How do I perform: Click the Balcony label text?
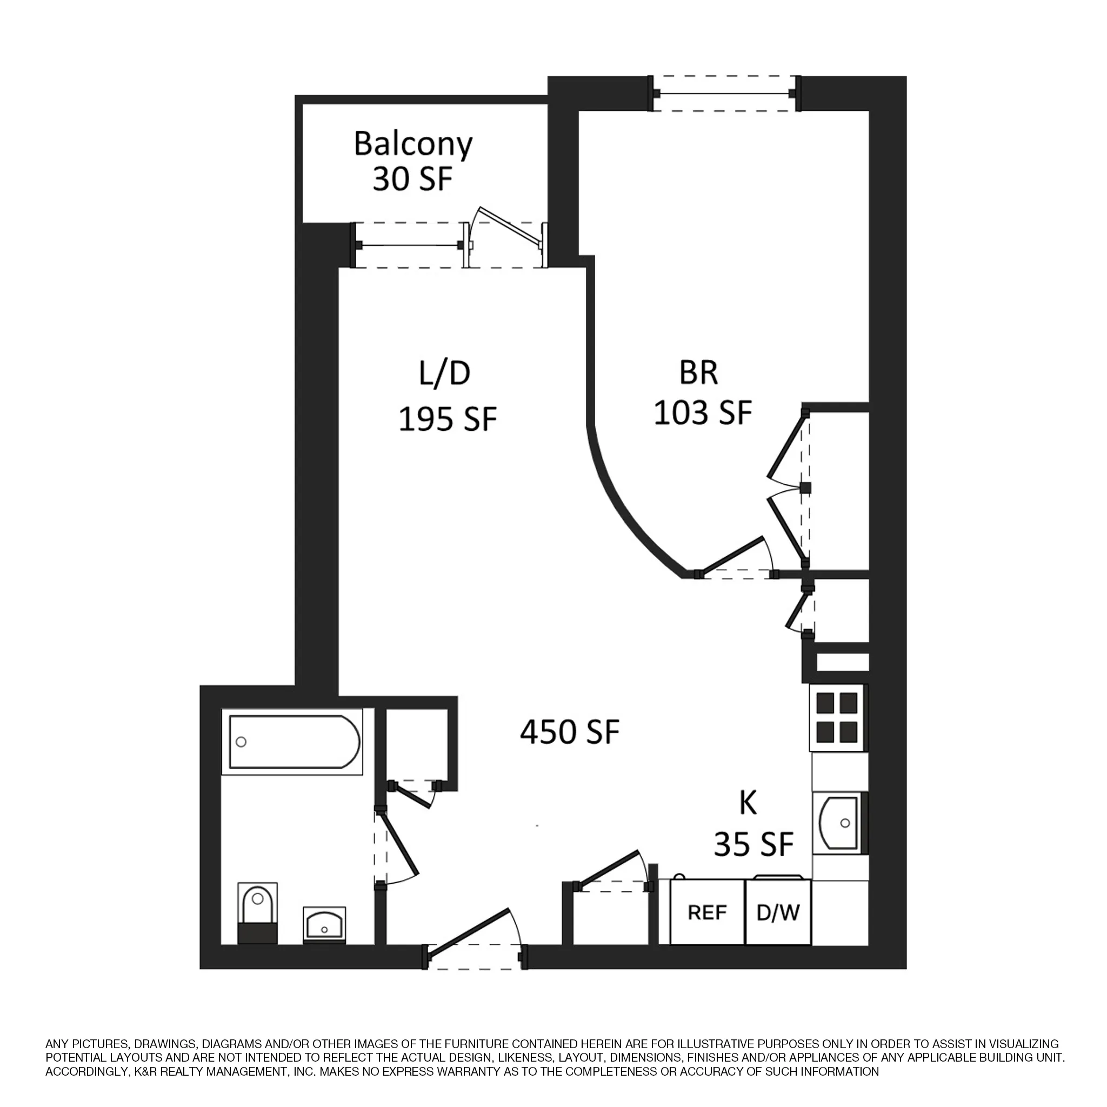point(412,145)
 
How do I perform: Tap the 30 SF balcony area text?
point(412,179)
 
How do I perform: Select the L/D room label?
point(445,373)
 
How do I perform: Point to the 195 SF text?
point(447,418)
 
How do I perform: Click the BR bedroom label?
point(698,372)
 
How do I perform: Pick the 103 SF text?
point(703,412)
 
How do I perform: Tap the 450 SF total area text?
point(570,732)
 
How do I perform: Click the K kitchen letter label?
point(748,803)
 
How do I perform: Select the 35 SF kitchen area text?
point(753,844)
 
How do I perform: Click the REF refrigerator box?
point(707,912)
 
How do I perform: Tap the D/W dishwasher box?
point(777,912)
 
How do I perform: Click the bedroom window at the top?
point(724,94)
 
